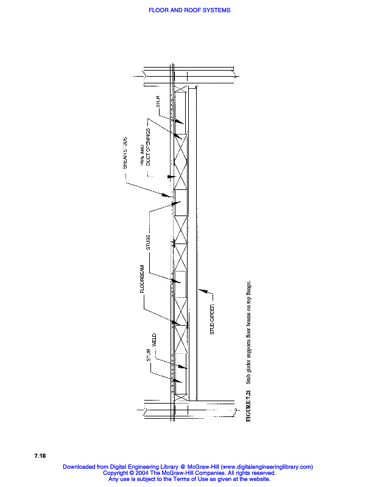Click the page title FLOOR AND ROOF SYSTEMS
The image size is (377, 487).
pyautogui.click(x=189, y=10)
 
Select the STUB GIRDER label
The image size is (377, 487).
pyautogui.click(x=213, y=319)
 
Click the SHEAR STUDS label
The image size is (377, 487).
pyautogui.click(x=125, y=152)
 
